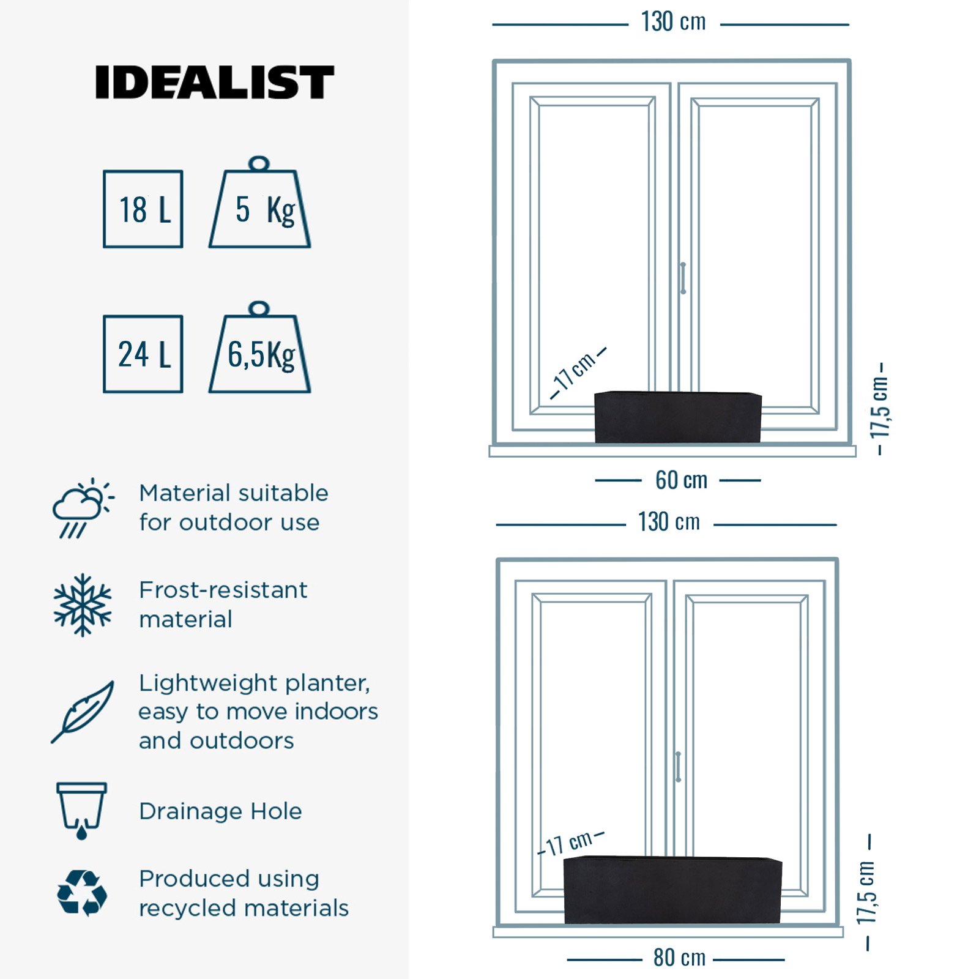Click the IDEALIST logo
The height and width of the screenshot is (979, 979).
pyautogui.click(x=214, y=83)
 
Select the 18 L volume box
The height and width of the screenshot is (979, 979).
pyautogui.click(x=143, y=209)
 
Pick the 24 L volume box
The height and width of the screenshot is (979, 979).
pyautogui.click(x=143, y=354)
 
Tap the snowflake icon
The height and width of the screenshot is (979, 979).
pyautogui.click(x=83, y=605)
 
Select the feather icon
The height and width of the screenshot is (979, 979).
pyautogui.click(x=83, y=711)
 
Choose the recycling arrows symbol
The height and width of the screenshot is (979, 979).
pyautogui.click(x=82, y=893)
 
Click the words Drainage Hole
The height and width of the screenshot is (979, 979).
pyautogui.click(x=220, y=811)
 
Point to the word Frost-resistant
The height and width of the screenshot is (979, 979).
pyautogui.click(x=223, y=590)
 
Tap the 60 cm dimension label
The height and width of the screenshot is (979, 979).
pyautogui.click(x=681, y=480)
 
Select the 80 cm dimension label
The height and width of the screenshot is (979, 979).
pyautogui.click(x=679, y=958)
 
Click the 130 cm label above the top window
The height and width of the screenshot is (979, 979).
pyautogui.click(x=673, y=23)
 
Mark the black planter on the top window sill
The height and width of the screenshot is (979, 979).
pyautogui.click(x=678, y=417)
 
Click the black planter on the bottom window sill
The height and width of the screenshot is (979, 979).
pyautogui.click(x=672, y=890)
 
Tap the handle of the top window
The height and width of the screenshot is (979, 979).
pyautogui.click(x=683, y=278)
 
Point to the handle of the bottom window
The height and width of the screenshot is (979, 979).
pyautogui.click(x=678, y=767)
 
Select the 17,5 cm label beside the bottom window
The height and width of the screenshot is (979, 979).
pyautogui.click(x=866, y=892)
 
